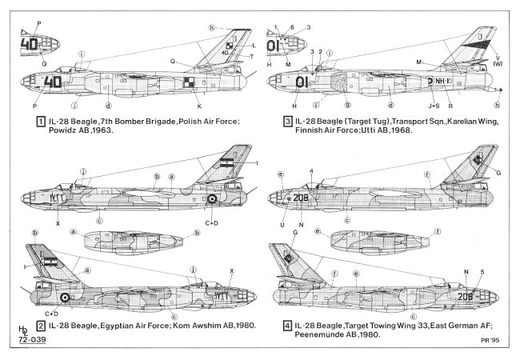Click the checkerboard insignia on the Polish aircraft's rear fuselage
coord(188,81)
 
